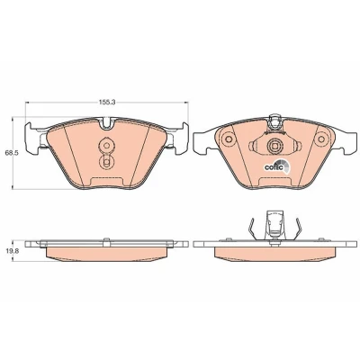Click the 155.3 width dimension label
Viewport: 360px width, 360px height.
tap(107, 103)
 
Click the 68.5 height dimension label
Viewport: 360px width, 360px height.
tap(12, 153)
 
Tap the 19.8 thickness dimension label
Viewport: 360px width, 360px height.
tap(12, 252)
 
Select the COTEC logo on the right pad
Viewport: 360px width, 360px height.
tap(276, 166)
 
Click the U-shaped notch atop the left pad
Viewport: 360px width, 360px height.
tap(107, 124)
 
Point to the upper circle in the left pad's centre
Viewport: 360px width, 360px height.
tap(105, 146)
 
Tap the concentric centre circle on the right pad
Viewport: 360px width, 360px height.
tap(274, 146)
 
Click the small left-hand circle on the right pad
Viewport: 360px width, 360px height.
tap(229, 139)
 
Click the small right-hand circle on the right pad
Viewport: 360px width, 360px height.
tap(321, 139)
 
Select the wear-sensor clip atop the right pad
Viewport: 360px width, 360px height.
tap(274, 123)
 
